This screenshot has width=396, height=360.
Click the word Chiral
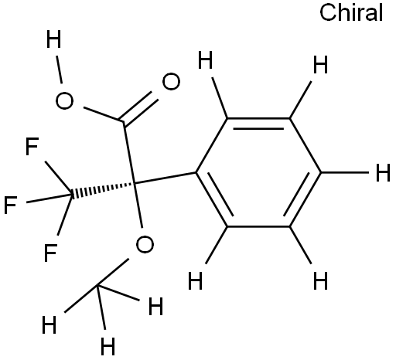point(351,12)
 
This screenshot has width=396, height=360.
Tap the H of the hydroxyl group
point(53,39)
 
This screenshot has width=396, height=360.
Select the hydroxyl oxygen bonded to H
point(64,100)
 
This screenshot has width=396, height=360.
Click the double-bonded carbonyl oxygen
point(171,82)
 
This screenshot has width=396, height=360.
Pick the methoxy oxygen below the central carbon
point(145,244)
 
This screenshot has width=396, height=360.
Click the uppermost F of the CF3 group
point(32,146)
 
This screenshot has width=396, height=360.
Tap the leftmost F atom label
point(11,205)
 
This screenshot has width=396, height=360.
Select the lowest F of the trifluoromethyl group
point(50,253)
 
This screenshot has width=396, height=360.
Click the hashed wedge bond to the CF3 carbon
point(104,189)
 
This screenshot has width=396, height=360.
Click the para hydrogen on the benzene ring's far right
point(383,172)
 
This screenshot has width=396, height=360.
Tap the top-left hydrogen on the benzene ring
point(205,60)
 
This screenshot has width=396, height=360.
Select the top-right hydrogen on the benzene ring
point(320,64)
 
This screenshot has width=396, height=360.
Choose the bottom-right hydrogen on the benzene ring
point(320,280)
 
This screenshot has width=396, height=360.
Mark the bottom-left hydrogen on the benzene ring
point(196,280)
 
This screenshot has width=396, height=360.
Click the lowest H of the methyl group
point(108,346)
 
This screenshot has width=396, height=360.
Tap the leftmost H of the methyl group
point(49,324)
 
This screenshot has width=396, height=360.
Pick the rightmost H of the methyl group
point(155,306)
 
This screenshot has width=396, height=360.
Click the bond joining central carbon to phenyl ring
point(166,178)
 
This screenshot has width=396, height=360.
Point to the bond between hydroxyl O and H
point(59,70)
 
